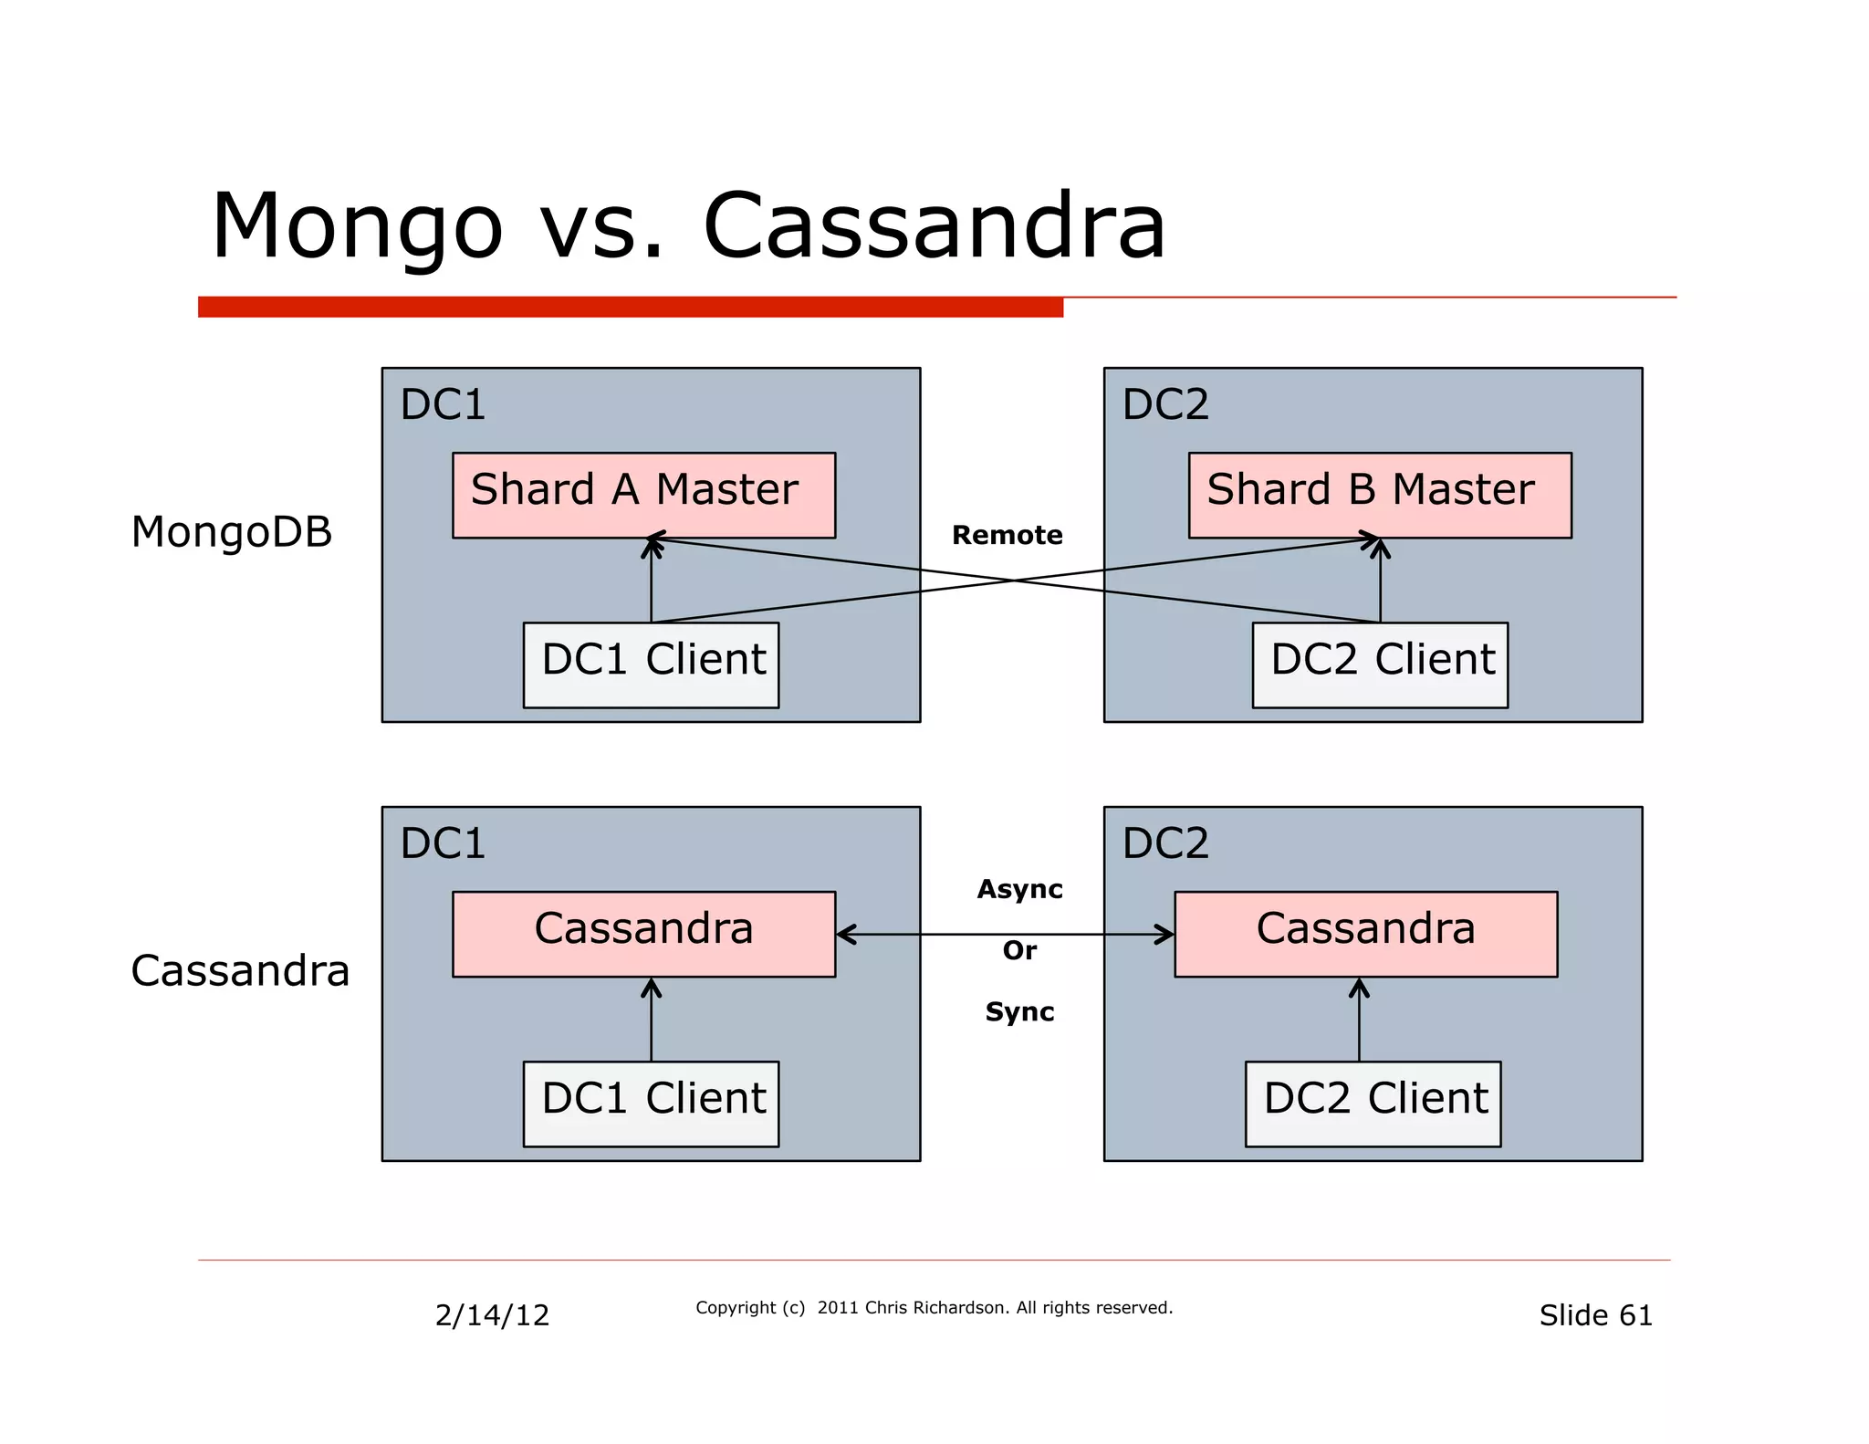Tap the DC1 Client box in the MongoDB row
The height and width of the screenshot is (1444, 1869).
(651, 664)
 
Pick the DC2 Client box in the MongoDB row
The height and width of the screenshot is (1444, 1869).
(1379, 664)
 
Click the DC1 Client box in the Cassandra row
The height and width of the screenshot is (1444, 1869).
(651, 1103)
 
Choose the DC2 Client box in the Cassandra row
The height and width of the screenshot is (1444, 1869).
(1373, 1103)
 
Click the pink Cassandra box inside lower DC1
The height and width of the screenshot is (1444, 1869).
(643, 933)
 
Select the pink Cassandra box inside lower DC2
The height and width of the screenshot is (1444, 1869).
(1365, 933)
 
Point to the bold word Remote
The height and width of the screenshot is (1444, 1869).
(1007, 535)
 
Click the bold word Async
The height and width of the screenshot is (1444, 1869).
(1019, 889)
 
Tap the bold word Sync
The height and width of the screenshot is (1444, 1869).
(1019, 1011)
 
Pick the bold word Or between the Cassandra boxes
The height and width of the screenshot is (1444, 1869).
(1019, 950)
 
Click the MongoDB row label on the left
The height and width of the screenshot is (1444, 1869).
(232, 532)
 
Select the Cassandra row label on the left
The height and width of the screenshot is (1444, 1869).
(240, 970)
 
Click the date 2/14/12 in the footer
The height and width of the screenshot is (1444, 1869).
(492, 1314)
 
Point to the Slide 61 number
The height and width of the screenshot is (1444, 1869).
(1595, 1314)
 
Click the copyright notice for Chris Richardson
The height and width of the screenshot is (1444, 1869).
(934, 1307)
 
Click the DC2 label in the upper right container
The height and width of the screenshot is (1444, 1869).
(1165, 404)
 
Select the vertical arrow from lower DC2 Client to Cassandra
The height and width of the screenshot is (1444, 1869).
(1359, 1020)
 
